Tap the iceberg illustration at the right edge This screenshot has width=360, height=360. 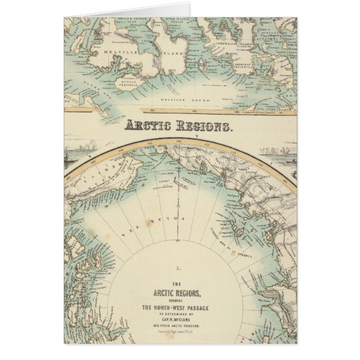[279, 152]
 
